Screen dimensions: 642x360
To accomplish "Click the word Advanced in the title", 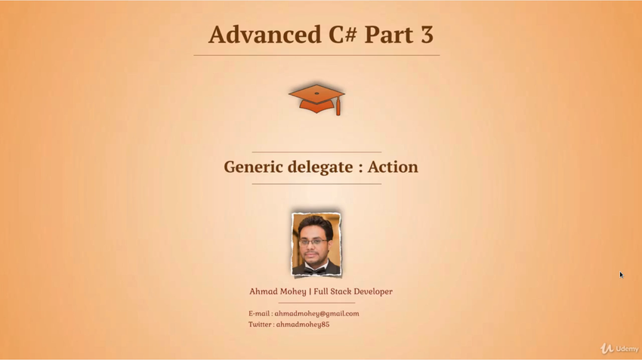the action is pos(264,35).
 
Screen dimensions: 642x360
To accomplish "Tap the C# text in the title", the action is pos(342,35).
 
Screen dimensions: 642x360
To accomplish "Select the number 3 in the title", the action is pos(426,35).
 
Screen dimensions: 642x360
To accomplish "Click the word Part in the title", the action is pos(388,35).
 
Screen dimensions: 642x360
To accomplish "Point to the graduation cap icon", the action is pos(316,100).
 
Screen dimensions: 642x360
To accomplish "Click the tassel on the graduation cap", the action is pos(338,106).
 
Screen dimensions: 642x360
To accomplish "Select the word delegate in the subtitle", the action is pos(320,168).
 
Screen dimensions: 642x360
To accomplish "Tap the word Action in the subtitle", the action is pos(393,167).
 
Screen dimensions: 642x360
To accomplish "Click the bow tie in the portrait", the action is pos(315,270).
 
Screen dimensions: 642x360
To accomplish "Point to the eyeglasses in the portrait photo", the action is pos(313,242).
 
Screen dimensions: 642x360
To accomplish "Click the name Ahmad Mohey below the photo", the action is pos(278,291).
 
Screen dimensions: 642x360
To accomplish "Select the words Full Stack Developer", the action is pos(353,291).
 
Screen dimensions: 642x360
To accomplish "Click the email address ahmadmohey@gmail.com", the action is pos(316,314).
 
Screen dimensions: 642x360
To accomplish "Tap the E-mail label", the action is pos(259,314).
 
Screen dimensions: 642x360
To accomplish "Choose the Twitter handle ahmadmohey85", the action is pos(303,325).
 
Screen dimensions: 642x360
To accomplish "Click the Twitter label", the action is pos(260,325).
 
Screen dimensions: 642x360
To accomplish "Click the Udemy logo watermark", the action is pos(619,349).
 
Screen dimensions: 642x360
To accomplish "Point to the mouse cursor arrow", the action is pos(621,275).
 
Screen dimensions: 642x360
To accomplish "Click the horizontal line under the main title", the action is pos(316,55).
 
